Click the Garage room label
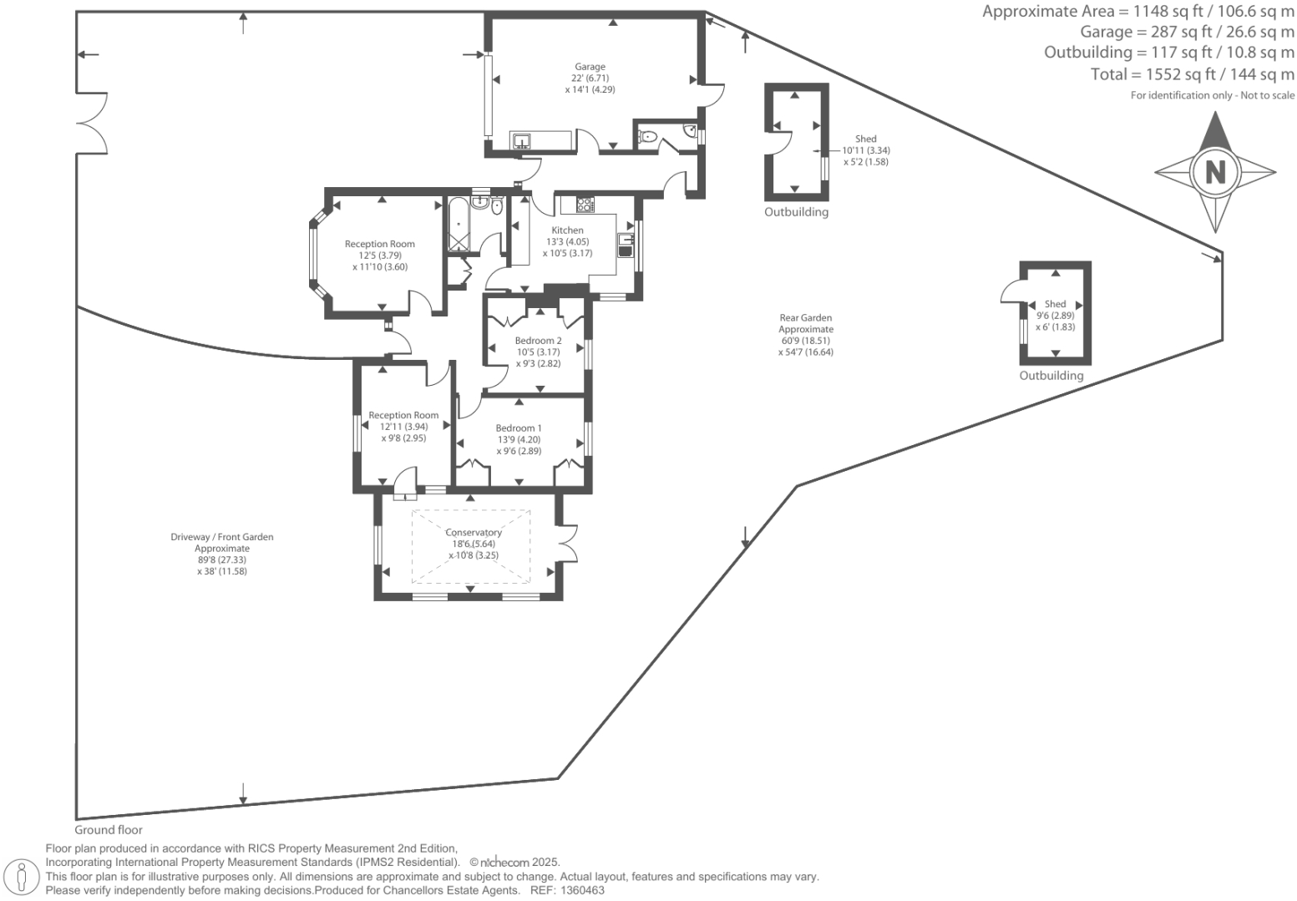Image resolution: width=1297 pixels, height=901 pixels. (x=590, y=67)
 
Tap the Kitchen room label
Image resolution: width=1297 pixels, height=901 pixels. (x=567, y=230)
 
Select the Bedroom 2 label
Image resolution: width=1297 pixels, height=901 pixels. (x=538, y=341)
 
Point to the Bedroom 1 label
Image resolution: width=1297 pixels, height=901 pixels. (x=519, y=428)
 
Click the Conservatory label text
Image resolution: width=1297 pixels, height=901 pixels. (x=474, y=533)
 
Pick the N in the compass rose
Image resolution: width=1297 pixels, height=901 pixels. (x=1215, y=172)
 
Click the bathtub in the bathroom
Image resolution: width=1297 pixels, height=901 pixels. (x=459, y=224)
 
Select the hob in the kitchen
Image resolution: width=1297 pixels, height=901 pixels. (x=584, y=203)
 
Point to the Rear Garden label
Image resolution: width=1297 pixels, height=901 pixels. (x=806, y=318)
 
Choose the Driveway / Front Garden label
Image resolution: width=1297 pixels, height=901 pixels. (x=222, y=538)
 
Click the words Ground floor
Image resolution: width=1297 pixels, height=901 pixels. (x=109, y=830)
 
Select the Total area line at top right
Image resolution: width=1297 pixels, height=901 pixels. (x=1192, y=74)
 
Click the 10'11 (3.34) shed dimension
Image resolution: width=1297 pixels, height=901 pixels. (x=866, y=151)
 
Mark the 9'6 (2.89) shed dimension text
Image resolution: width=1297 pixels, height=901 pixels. (x=1056, y=316)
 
